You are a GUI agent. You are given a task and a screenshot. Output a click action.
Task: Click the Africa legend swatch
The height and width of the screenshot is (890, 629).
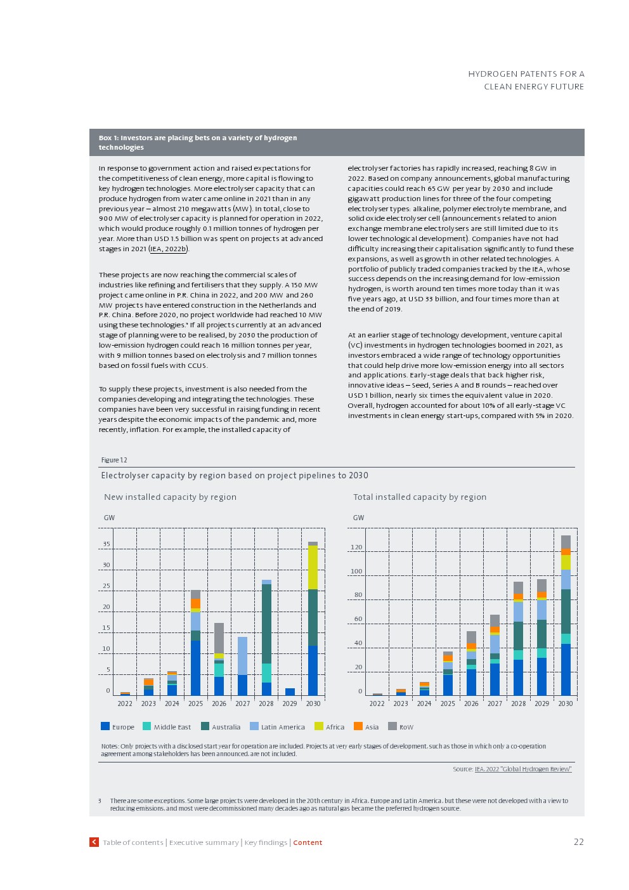319,726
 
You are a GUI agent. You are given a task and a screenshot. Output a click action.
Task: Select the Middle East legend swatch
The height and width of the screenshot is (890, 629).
147,726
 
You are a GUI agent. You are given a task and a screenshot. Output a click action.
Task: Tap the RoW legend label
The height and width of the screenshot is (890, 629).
406,727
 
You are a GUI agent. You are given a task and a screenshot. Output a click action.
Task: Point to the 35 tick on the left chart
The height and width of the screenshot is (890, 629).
107,544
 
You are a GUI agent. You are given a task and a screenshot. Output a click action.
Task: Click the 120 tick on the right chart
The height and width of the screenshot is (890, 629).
356,547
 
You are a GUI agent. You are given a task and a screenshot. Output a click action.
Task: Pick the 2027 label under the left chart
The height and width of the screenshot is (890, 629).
242,703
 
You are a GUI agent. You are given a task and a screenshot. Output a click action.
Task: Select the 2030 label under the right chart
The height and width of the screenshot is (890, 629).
565,703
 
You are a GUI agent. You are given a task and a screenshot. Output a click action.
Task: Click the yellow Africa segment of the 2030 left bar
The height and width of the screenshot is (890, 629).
313,567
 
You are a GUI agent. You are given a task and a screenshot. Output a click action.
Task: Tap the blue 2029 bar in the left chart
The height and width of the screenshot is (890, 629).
290,692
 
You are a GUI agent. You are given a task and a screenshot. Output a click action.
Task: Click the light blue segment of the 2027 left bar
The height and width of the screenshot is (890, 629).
242,656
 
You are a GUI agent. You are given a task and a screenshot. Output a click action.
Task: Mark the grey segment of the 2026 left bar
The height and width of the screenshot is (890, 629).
219,638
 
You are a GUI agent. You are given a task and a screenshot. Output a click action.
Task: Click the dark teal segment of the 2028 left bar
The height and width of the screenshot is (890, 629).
266,624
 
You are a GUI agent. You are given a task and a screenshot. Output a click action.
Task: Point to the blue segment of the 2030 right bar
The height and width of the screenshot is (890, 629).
566,670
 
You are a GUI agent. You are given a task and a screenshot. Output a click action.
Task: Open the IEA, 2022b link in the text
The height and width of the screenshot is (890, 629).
169,249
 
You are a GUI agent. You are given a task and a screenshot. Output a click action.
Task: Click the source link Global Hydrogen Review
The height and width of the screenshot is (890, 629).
523,769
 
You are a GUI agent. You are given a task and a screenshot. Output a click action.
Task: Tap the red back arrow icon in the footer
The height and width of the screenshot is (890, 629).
94,842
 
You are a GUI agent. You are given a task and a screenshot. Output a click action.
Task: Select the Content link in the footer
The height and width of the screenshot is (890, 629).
308,842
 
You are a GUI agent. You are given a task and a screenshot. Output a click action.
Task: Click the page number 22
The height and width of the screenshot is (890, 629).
578,842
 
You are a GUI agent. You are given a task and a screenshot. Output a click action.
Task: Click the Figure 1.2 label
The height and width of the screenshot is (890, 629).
114,460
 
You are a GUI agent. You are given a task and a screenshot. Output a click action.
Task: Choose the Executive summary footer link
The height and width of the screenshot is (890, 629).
204,842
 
